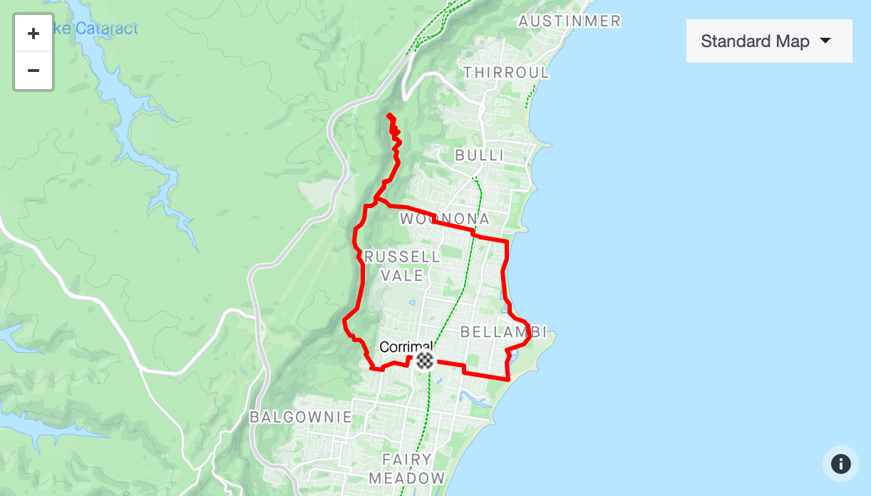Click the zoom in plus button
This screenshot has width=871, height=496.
33,33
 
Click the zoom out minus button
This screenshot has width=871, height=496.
33,71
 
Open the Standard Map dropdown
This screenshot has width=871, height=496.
768,41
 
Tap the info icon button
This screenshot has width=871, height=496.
840,464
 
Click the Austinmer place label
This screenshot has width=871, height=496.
569,21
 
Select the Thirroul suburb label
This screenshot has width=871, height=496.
506,73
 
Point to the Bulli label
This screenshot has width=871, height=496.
479,155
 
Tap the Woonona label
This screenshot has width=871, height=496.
445,219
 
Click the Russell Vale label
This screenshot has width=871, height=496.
402,266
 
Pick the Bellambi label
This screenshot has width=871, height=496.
503,332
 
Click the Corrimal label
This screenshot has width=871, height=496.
406,347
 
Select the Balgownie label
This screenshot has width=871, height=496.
301,417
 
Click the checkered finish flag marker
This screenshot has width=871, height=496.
425,360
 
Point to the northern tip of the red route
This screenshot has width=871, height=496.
388,115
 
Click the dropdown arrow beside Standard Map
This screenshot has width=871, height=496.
825,41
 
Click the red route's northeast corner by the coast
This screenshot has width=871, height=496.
506,242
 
